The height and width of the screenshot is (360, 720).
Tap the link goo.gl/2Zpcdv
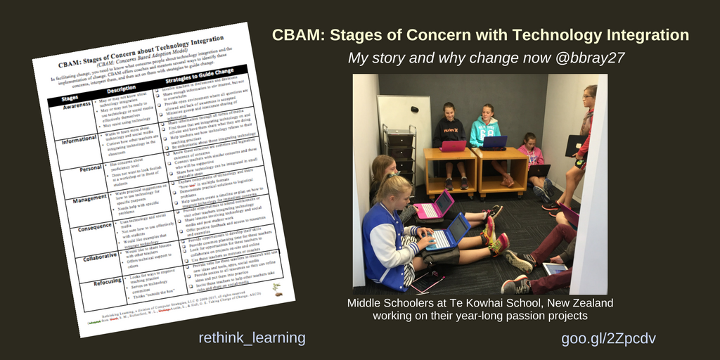[x=608, y=338]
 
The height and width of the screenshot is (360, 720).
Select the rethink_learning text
[x=252, y=338]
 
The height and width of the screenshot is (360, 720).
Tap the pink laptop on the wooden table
[x=453, y=146]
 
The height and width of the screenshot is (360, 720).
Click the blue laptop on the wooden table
[x=494, y=143]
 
